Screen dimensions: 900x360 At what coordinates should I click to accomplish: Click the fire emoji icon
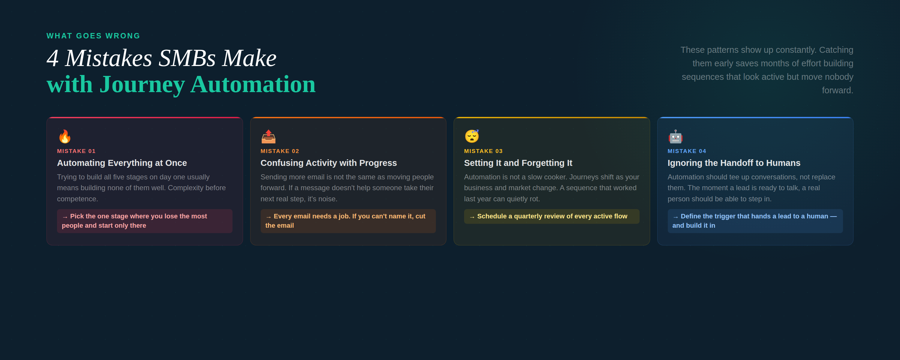64,136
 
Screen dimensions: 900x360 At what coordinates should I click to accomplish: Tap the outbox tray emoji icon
268,136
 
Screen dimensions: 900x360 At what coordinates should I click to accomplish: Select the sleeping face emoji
472,136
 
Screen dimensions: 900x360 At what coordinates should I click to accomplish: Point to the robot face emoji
675,136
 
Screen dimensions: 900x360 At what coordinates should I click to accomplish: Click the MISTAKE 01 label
76,151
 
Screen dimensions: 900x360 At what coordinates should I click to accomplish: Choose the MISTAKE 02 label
280,151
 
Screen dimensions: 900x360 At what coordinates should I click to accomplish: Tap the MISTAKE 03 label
483,151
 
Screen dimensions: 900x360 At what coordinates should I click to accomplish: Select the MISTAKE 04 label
687,151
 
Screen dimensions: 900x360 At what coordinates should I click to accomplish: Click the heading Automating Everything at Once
122,163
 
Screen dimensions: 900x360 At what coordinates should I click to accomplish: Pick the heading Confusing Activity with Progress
329,163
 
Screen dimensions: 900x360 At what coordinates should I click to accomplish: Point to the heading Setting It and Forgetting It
518,163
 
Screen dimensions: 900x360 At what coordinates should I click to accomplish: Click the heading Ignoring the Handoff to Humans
734,163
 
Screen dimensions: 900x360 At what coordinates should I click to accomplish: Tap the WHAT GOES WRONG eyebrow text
93,36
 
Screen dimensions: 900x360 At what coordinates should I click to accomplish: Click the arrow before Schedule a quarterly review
472,217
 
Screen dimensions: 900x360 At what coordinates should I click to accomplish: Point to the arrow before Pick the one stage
65,217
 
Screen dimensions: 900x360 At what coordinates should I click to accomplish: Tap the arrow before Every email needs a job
268,217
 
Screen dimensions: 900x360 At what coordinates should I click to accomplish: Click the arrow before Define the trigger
676,217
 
